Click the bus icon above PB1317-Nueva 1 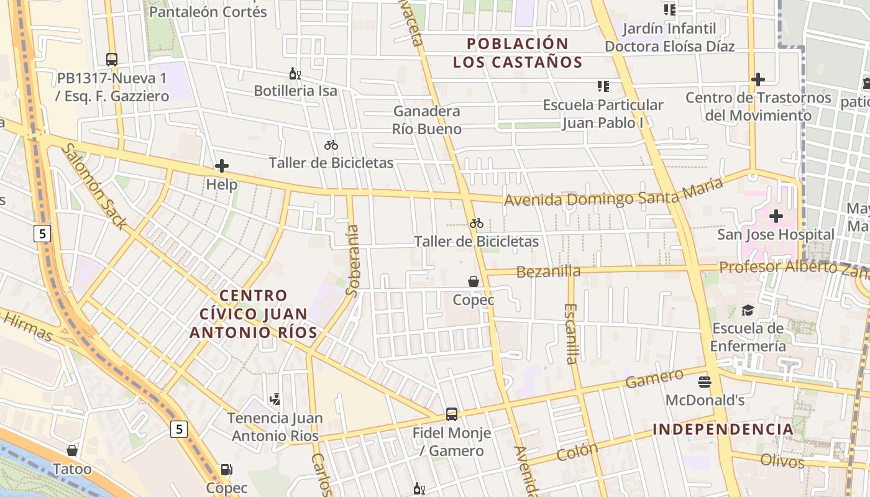coord(112,60)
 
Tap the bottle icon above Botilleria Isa coord(295,74)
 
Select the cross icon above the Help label coord(222,166)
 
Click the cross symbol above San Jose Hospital coord(776,216)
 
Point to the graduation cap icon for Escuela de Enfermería coord(748,310)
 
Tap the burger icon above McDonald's coord(704,381)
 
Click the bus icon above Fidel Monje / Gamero coord(452,414)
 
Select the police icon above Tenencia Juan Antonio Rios coord(275,399)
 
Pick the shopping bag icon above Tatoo coord(72,450)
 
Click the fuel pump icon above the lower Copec coord(227,470)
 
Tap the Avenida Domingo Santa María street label coord(614,193)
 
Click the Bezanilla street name coord(549,271)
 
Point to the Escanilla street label coord(571,333)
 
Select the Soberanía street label coord(352,260)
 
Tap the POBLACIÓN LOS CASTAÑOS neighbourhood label coord(518,53)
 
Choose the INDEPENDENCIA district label coord(723,429)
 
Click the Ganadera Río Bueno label coord(427,120)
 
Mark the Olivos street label coord(782,462)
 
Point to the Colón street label coord(577,452)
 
